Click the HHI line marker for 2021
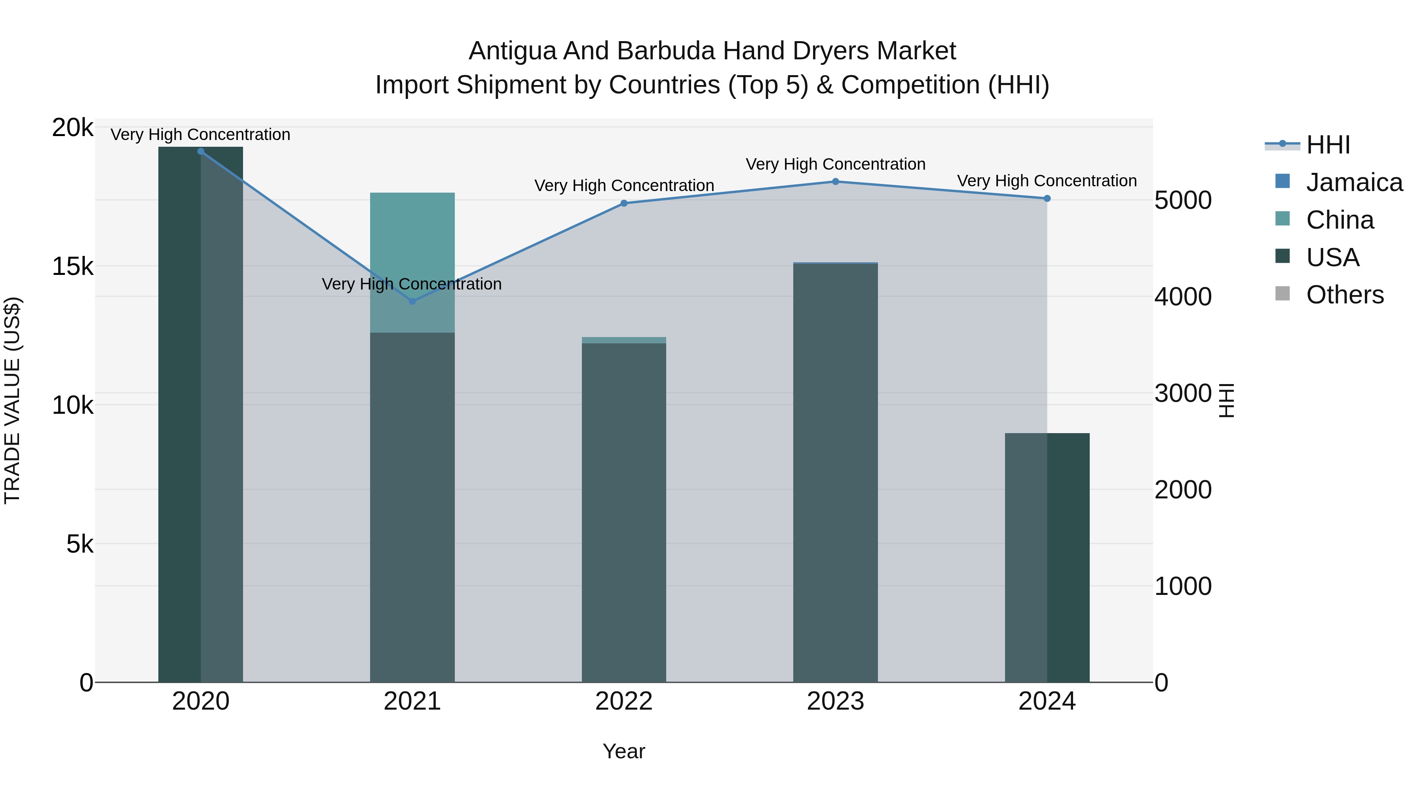coord(412,301)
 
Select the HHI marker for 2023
coord(835,181)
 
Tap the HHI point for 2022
coord(624,203)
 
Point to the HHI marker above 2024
coord(1047,199)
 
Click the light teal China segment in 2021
coord(412,260)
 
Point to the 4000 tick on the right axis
coord(1183,297)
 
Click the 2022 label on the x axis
coord(624,701)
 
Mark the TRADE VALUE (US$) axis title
coord(12,400)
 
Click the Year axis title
coord(624,751)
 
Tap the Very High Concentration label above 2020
coord(200,135)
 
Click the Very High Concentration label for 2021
coord(412,284)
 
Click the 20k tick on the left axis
coord(72,128)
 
